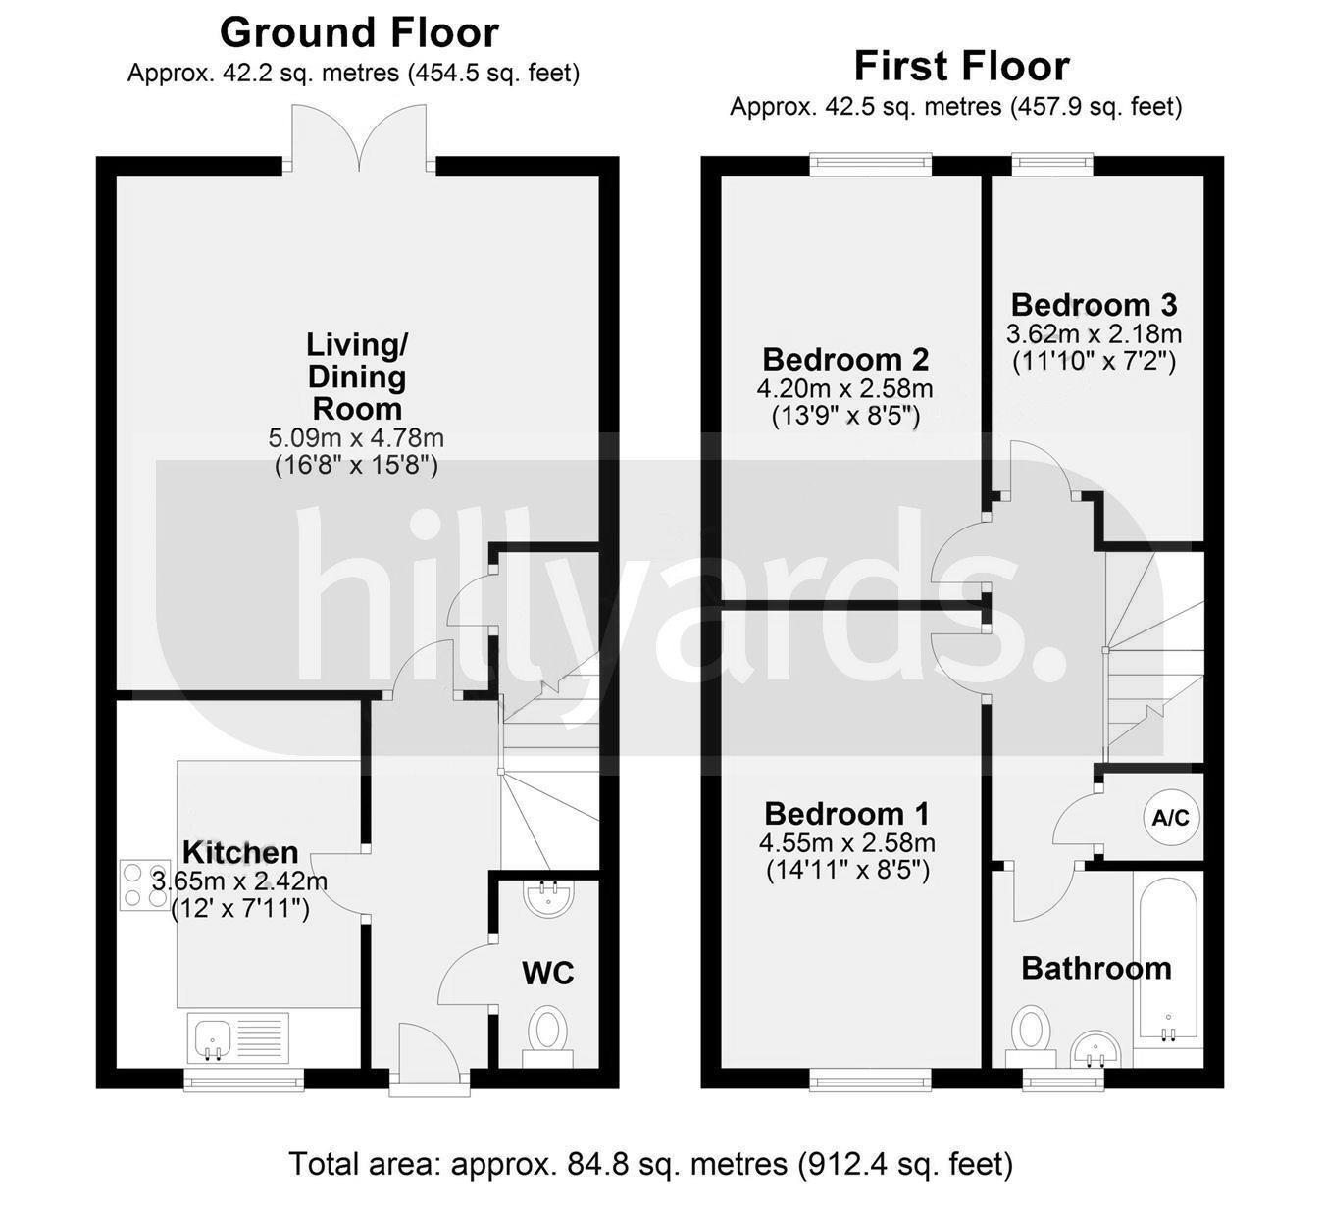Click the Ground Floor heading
coord(359,32)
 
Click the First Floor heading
coord(961,66)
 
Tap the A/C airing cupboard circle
coord(1171,817)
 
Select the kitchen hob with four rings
coord(144,884)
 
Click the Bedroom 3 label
coord(1094,304)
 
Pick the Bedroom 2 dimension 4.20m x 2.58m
coord(844,389)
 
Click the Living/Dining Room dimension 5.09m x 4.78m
coord(356,437)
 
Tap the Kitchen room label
coord(240,852)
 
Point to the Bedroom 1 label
coord(846,814)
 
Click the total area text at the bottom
coord(650,1164)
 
